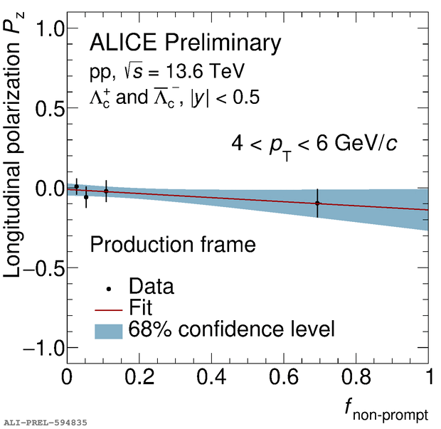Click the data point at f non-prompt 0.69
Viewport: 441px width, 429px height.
click(317, 203)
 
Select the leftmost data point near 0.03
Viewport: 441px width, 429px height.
click(77, 186)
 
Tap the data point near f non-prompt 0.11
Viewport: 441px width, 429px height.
click(106, 191)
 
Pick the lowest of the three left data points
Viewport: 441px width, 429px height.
click(86, 196)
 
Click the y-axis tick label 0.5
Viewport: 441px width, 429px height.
click(46, 109)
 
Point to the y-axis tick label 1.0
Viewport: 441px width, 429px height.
click(46, 29)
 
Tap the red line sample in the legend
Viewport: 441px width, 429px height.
click(108, 309)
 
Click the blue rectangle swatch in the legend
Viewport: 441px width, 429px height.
click(108, 330)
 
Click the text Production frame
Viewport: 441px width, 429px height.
click(172, 245)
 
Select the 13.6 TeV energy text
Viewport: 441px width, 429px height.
click(203, 71)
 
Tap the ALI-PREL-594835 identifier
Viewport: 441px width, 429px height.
click(46, 423)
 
